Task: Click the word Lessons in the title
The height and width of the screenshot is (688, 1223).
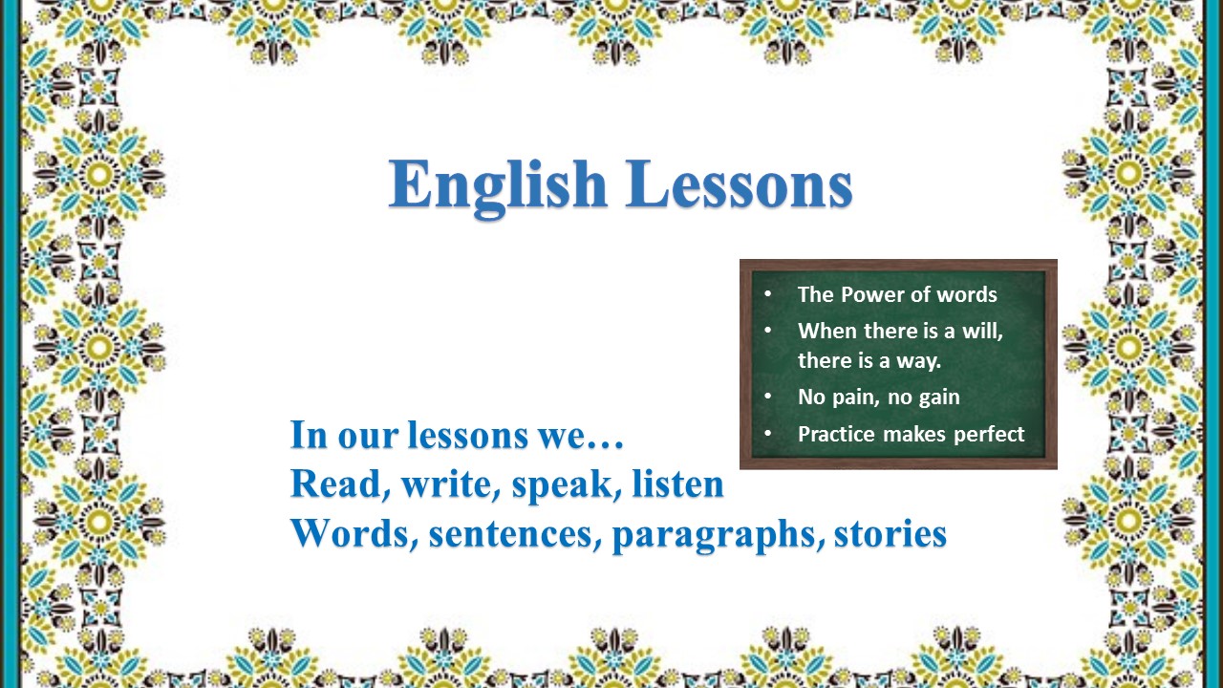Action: point(739,184)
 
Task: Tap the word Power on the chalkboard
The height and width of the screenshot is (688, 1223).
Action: point(870,294)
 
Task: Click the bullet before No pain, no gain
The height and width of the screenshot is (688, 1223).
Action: point(768,396)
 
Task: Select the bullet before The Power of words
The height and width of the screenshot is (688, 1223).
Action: point(768,293)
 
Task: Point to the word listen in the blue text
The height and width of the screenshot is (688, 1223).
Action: point(678,483)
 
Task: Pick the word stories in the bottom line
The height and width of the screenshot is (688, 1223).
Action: point(890,532)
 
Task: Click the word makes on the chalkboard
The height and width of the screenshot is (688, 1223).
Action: point(914,434)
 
